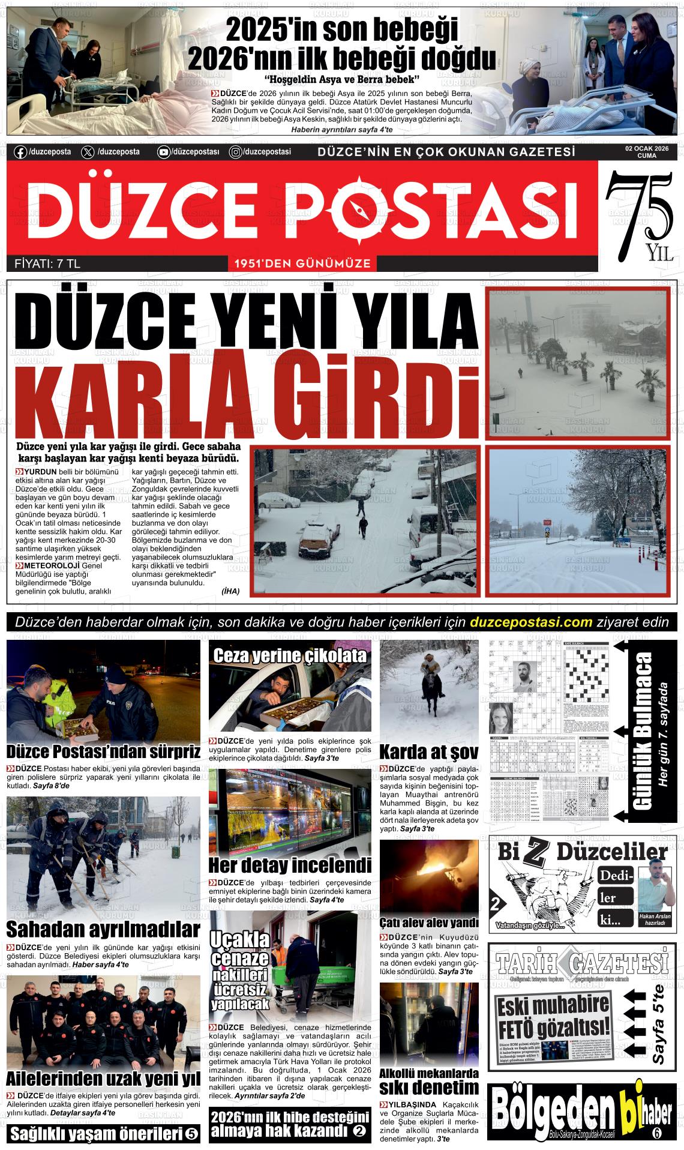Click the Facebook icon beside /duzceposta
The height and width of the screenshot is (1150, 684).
(x=20, y=152)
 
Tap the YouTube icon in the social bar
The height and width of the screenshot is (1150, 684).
(x=163, y=152)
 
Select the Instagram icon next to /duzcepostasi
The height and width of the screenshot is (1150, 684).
(x=236, y=152)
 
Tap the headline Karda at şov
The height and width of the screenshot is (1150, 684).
(x=428, y=751)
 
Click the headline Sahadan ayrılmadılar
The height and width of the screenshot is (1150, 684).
(x=103, y=930)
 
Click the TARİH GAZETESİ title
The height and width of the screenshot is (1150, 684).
(x=581, y=963)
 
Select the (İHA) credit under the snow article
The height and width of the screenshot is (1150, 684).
(x=230, y=591)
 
